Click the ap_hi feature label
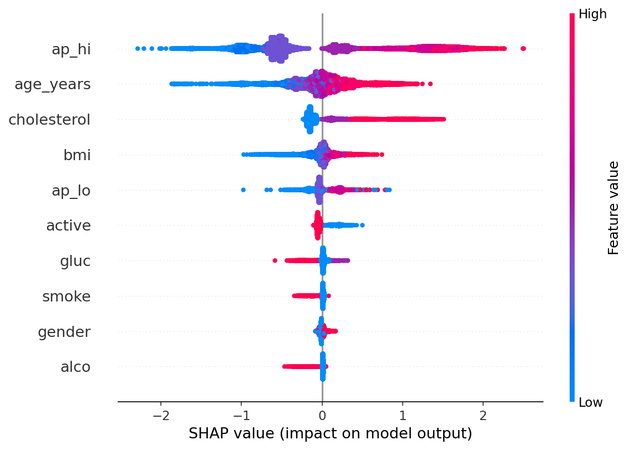point(71,49)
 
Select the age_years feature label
point(53,85)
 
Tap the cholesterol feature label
point(49,120)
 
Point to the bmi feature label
point(77,155)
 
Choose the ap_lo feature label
point(71,191)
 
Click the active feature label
point(68,226)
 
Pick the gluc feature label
point(75,261)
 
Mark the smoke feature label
point(67,296)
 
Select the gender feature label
point(64,332)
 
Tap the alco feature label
point(75,367)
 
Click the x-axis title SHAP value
point(330,433)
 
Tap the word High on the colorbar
point(592,14)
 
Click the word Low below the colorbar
point(591,402)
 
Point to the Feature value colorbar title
point(613,208)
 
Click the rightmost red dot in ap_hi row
point(523,49)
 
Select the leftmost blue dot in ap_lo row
point(243,190)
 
